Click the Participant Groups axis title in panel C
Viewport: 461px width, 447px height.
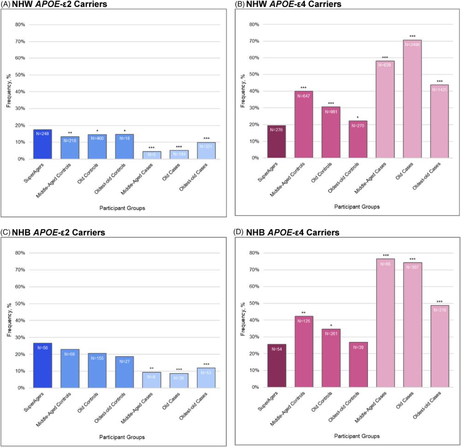(x=123, y=437)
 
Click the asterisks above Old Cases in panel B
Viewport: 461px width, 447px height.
(x=412, y=36)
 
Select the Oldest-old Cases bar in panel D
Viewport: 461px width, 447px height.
(x=439, y=346)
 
